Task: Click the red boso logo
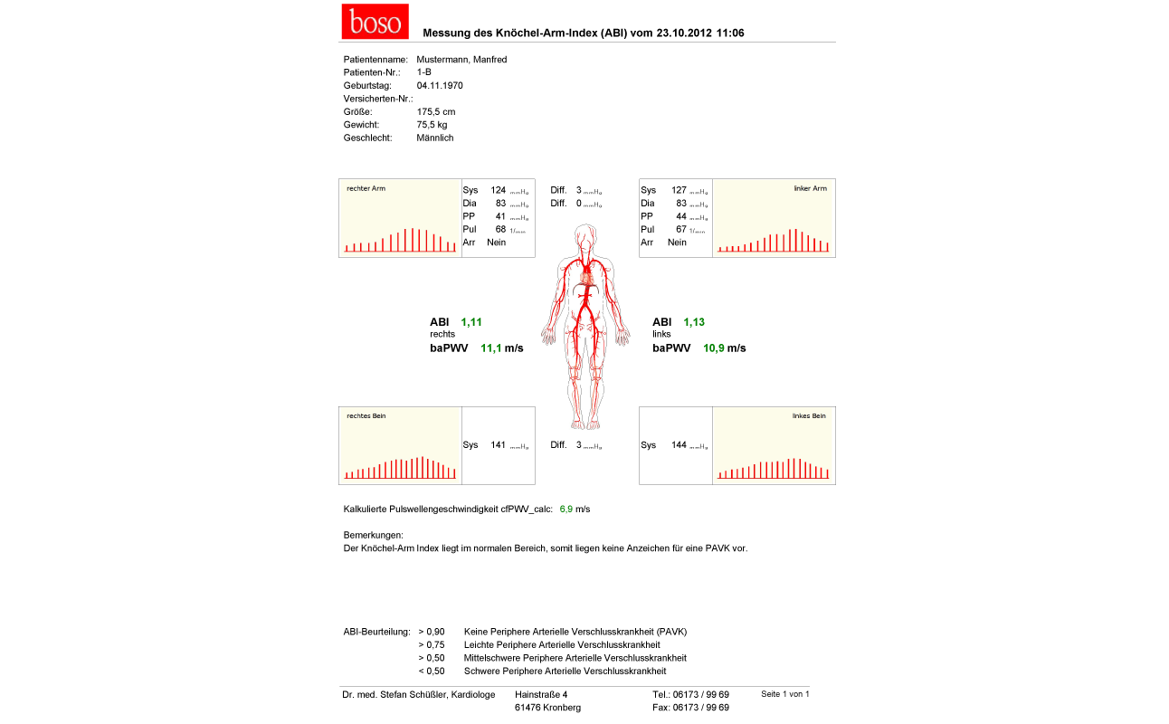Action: [375, 22]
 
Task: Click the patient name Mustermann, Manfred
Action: [461, 60]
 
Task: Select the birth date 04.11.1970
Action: [440, 86]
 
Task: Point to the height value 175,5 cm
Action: [436, 112]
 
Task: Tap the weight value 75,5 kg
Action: [432, 125]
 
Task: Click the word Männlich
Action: [435, 138]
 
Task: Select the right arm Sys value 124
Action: [498, 191]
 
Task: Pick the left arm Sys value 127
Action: [679, 191]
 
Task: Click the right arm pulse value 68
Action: [500, 230]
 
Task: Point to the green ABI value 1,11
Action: [471, 322]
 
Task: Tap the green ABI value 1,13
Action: [694, 322]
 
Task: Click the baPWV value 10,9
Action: [713, 348]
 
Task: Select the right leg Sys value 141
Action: [498, 445]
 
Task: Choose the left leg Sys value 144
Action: [679, 445]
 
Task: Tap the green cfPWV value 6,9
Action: [566, 510]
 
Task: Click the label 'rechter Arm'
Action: [366, 188]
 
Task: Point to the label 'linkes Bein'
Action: [809, 416]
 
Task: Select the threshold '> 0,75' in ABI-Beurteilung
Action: [432, 644]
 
